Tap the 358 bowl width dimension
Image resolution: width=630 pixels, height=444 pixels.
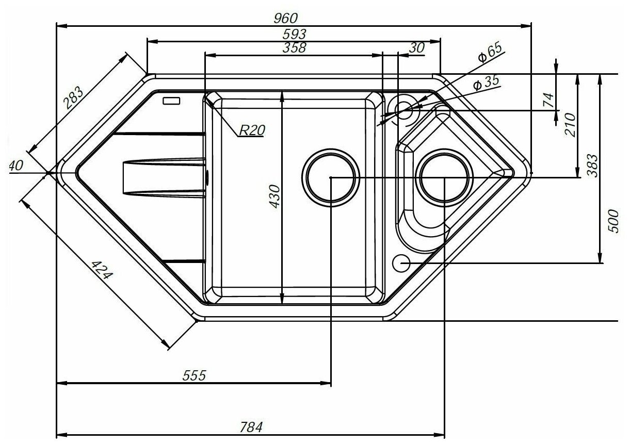(x=295, y=48)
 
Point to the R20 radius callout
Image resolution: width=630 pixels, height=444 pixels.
(x=251, y=131)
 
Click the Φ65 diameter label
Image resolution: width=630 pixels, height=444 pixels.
(x=490, y=54)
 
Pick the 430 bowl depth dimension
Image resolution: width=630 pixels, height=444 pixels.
(x=274, y=196)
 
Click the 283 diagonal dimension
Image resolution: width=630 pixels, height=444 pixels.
(x=75, y=100)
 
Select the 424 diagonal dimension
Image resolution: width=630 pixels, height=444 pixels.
(x=101, y=270)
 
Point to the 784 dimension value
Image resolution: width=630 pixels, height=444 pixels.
(x=251, y=427)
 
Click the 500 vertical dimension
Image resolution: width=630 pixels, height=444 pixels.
(x=613, y=221)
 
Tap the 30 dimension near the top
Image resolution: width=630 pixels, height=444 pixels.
(x=416, y=47)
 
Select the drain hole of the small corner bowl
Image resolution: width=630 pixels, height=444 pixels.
(x=445, y=177)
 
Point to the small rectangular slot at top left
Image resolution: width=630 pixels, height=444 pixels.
(x=171, y=101)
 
